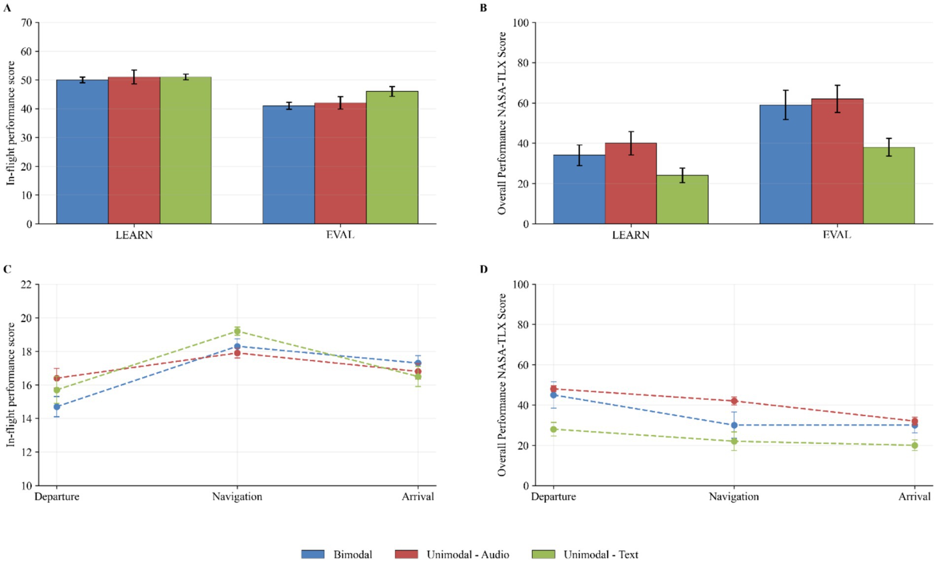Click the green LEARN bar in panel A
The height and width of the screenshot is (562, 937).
coord(185,150)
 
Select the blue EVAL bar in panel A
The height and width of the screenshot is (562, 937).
coord(288,165)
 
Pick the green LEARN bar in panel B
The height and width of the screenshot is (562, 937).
coord(682,199)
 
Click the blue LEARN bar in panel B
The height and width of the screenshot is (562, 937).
coord(579,189)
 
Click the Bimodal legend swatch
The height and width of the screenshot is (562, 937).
coord(313,554)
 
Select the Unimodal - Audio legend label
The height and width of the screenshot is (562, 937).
coord(468,554)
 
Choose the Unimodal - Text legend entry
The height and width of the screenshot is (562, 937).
coord(601,554)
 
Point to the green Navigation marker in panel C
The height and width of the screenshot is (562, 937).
coord(237,331)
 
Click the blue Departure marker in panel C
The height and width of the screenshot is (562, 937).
coord(57,407)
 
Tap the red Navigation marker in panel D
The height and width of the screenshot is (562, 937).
coord(734,401)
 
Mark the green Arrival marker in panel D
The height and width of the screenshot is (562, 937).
coord(914,446)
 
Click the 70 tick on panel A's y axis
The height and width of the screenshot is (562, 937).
coord(27,23)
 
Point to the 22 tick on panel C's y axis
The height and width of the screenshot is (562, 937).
coord(27,284)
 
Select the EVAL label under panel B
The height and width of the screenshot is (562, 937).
coord(837,235)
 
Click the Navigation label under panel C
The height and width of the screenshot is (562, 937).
coord(237,496)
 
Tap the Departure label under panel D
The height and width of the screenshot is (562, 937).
coord(553,496)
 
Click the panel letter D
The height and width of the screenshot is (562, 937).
coord(484,269)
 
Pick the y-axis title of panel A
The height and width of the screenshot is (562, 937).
coord(11,123)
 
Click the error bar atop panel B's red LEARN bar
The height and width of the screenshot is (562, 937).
coord(631,143)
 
